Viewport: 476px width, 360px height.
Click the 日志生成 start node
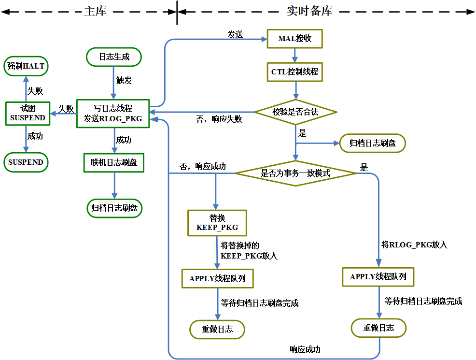pos(114,57)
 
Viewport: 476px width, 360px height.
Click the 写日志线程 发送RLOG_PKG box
pos(113,114)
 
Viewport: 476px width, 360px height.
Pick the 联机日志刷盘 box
pos(114,163)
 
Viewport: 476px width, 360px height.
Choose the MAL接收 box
pos(294,39)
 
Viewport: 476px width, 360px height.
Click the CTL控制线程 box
pos(294,72)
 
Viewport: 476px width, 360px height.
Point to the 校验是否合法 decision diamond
pos(295,112)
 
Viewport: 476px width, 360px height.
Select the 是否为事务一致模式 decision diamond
pos(295,173)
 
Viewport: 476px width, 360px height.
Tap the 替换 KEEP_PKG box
pos(217,222)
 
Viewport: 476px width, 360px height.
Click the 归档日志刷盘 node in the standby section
pos(372,143)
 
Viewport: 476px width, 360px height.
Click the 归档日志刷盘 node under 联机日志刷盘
pos(114,208)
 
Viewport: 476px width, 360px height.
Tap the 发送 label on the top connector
pos(235,34)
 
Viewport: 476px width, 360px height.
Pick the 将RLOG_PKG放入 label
pos(414,245)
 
